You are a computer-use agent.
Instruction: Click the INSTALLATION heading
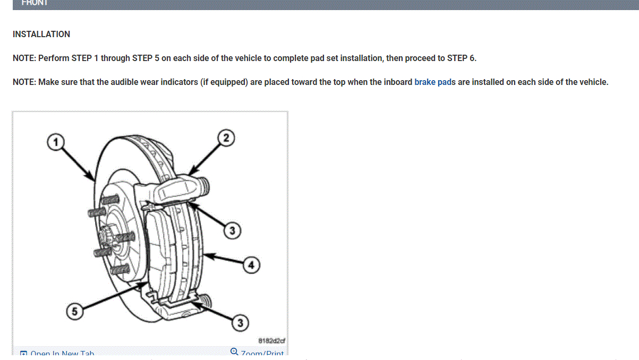pos(41,35)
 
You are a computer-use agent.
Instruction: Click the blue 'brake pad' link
pos(433,82)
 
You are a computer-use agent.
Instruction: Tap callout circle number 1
pos(54,141)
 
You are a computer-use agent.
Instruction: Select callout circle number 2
pos(226,138)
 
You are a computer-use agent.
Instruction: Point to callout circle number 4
pos(251,264)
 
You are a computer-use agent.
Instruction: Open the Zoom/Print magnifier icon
pos(235,352)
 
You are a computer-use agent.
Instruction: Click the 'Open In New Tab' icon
pos(23,354)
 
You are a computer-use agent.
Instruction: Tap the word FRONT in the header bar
pos(35,3)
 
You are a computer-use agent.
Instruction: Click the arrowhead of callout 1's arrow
pos(94,178)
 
